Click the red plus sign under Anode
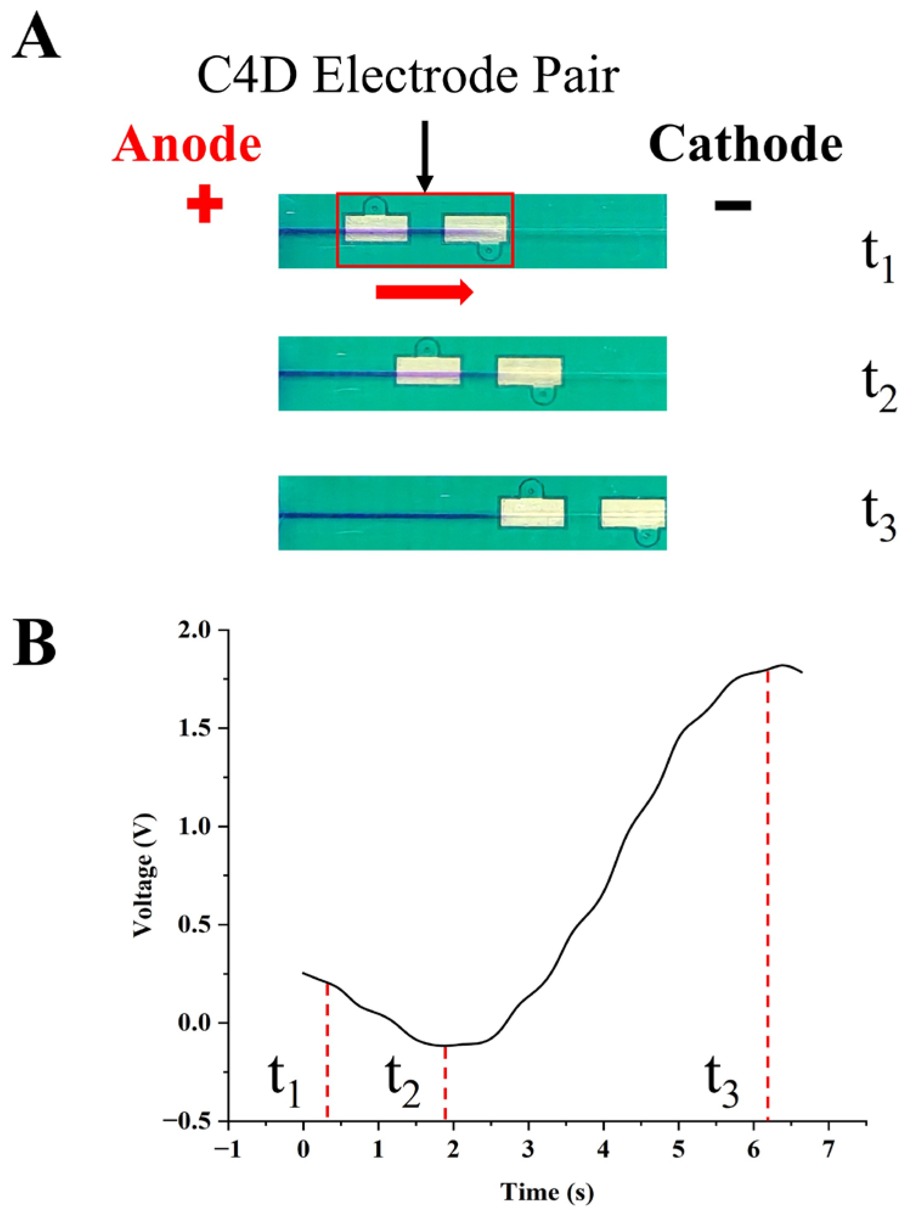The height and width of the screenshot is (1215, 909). click(204, 204)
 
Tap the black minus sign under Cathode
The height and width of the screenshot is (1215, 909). click(733, 206)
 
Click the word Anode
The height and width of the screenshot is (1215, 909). click(187, 145)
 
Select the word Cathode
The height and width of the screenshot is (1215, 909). click(745, 145)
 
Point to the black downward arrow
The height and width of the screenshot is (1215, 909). click(425, 156)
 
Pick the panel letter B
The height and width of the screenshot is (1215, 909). click(34, 642)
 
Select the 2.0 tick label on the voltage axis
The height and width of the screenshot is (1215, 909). click(194, 631)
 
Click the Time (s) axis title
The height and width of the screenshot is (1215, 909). click(547, 1191)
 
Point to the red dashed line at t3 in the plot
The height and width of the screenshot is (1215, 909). click(767, 913)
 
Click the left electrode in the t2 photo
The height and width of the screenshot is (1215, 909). click(428, 371)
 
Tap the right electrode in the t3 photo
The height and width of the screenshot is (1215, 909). click(632, 514)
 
